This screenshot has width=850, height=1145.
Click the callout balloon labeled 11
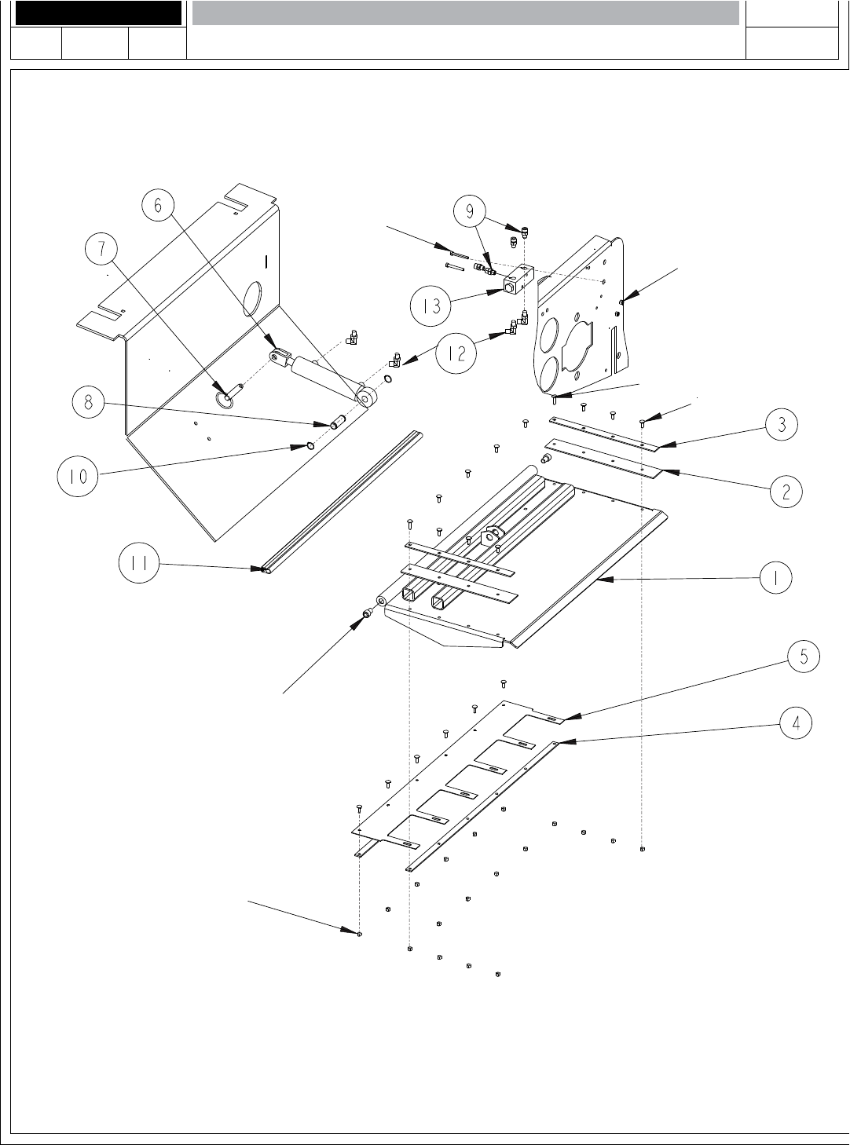pos(139,564)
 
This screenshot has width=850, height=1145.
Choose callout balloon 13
pos(431,305)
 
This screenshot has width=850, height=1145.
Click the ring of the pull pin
pos(225,399)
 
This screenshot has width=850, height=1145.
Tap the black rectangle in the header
pos(98,13)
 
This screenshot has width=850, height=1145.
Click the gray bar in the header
pos(465,13)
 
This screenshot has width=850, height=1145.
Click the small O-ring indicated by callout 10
pos(310,446)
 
